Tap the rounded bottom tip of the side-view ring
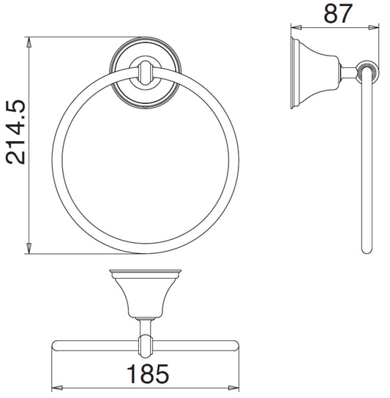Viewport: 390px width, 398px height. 367,250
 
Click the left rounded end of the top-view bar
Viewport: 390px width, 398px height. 56,344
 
